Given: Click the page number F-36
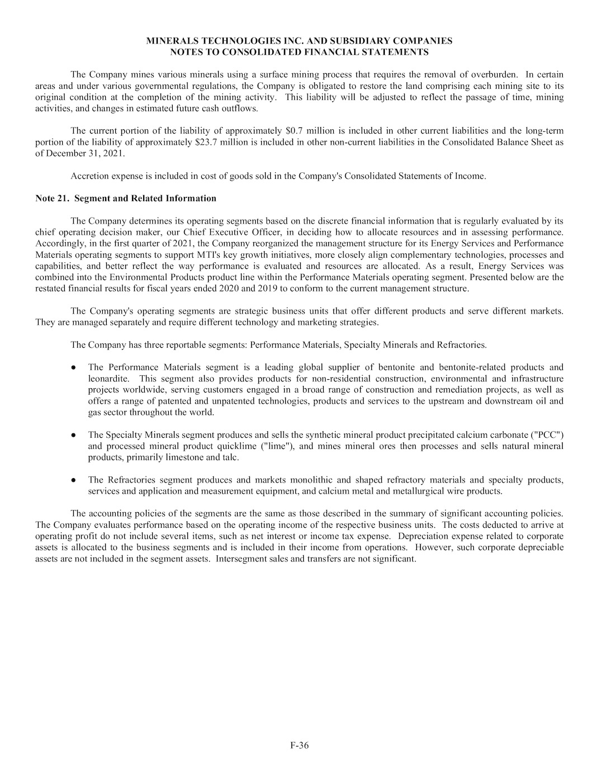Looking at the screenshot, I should click(x=300, y=745).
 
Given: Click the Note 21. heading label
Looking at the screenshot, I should click(x=53, y=198).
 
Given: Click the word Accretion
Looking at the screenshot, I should click(x=88, y=176).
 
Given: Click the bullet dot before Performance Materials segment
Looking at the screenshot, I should click(x=74, y=367).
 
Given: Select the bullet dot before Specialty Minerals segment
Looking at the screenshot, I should click(x=74, y=434).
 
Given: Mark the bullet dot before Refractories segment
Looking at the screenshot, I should click(x=74, y=480).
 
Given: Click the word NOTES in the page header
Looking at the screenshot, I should click(x=187, y=52).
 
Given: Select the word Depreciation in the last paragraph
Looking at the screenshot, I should click(x=423, y=536).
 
